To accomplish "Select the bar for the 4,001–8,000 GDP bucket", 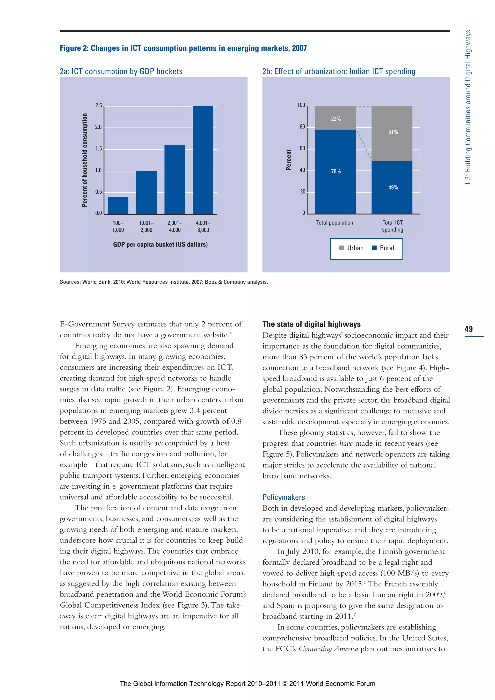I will point(203,160).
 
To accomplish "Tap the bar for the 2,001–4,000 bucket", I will point(175,180).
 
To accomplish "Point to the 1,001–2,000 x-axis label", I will point(146,226).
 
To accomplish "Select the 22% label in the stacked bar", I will point(336,119).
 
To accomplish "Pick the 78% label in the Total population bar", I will point(336,171).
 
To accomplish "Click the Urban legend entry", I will point(351,248).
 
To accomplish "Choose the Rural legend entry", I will point(383,248).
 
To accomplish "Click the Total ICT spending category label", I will point(393,226).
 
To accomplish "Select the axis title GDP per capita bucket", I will point(160,245).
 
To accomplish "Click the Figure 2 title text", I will point(183,48).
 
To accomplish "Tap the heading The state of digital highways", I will point(311,324).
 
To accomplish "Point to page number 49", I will point(469,329).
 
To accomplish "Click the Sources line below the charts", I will point(163,282).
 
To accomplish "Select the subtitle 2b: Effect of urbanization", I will point(339,72).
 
